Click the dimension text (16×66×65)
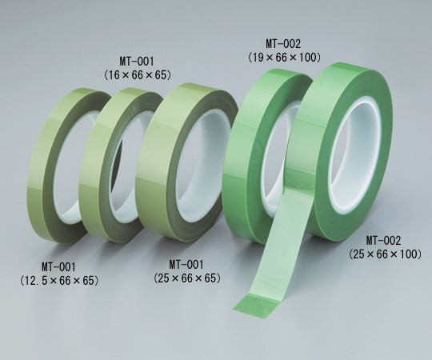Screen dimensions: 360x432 [138, 74]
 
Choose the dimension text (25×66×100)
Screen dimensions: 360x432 [385, 254]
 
